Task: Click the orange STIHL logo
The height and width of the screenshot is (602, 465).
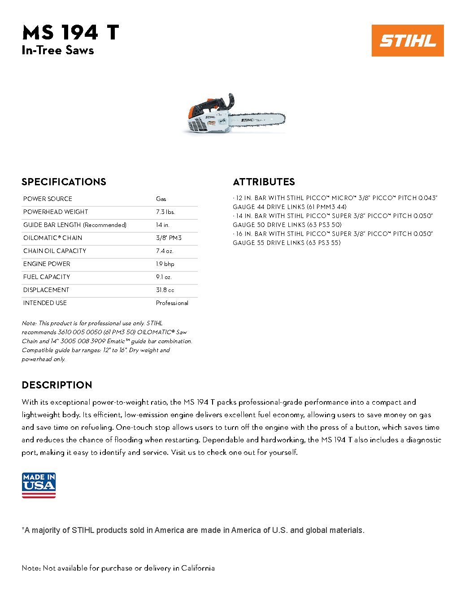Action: click(408, 40)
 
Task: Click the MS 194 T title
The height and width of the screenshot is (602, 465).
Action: click(71, 33)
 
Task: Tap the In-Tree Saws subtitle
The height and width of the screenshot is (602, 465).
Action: click(58, 50)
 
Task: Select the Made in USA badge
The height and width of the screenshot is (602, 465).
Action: click(39, 485)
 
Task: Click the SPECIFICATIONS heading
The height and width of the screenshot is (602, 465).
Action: click(64, 182)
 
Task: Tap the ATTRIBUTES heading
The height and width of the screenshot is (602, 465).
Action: click(264, 182)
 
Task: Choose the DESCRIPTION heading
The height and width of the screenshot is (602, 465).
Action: click(57, 385)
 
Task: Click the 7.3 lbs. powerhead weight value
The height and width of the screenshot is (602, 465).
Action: click(165, 212)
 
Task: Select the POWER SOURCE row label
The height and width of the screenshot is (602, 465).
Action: click(48, 199)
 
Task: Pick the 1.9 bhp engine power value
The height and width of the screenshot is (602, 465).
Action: click(165, 264)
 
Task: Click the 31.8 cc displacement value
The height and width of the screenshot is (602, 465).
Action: click(165, 290)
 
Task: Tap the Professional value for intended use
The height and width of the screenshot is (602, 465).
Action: click(172, 303)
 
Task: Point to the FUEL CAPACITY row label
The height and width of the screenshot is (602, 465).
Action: click(47, 277)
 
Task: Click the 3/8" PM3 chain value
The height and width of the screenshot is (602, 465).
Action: click(169, 238)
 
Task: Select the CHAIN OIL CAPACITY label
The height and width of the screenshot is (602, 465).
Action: click(55, 251)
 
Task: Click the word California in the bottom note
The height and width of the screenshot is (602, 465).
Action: click(198, 568)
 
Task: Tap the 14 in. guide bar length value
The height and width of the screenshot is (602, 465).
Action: click(162, 225)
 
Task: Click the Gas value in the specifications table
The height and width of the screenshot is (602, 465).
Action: click(161, 199)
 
